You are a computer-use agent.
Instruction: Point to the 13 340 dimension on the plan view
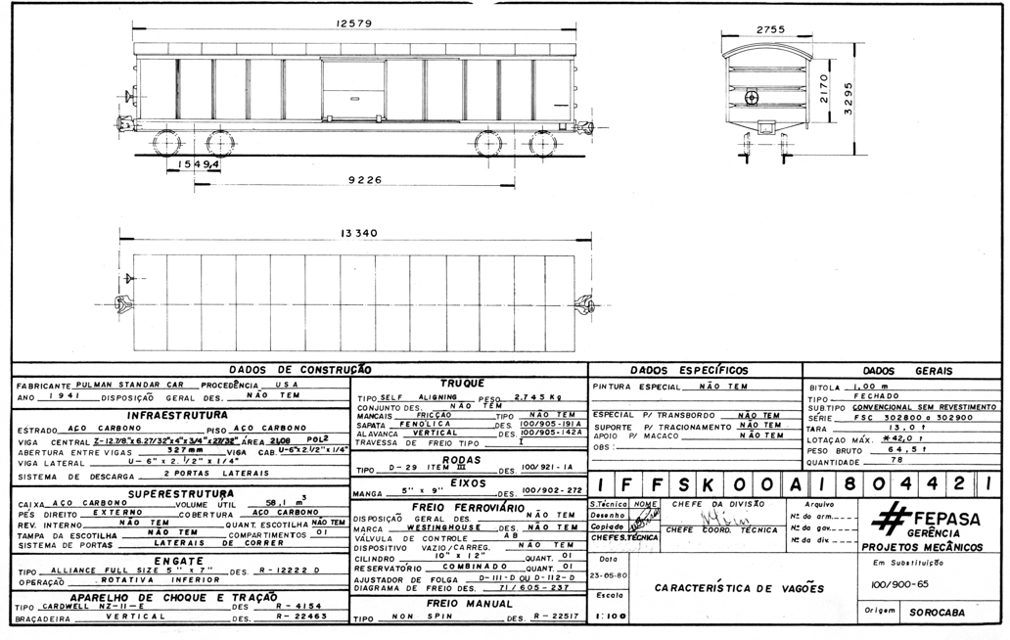click(358, 234)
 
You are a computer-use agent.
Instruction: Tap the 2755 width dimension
click(771, 29)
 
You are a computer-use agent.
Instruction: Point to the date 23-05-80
click(609, 574)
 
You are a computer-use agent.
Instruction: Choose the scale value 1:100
click(609, 617)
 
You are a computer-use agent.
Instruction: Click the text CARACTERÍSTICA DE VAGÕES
click(739, 588)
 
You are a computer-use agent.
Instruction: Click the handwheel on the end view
click(751, 98)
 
